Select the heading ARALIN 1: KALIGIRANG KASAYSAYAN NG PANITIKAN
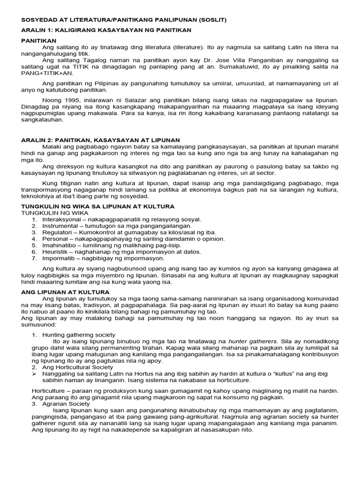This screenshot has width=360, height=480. [100, 30]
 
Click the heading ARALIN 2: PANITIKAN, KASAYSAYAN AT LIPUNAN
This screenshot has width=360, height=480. [100, 140]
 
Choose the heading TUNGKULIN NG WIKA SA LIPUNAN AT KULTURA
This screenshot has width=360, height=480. [98, 206]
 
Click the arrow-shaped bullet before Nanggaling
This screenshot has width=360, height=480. [34, 374]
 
